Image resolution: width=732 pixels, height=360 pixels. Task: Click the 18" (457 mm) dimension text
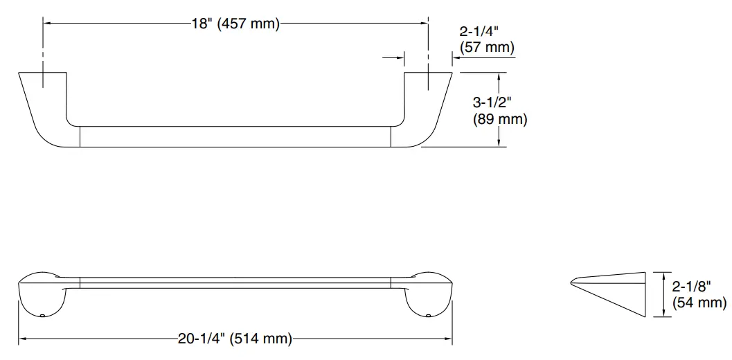pos(235,24)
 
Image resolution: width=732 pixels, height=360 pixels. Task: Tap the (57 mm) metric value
pos(487,48)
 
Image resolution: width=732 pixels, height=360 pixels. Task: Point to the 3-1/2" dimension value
pos(492,102)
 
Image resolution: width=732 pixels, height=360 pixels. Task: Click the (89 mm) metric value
pos(500,119)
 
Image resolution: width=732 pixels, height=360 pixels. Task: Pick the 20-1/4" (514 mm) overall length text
pos(235,339)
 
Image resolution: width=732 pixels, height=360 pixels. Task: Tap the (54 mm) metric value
pos(699,303)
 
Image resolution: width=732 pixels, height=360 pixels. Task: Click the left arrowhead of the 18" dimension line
pos(48,24)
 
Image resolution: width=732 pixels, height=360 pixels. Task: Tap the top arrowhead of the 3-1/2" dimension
pos(499,75)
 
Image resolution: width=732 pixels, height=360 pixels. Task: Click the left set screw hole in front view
pos(43,316)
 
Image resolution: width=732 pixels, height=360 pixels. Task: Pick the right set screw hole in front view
pos(427,316)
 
